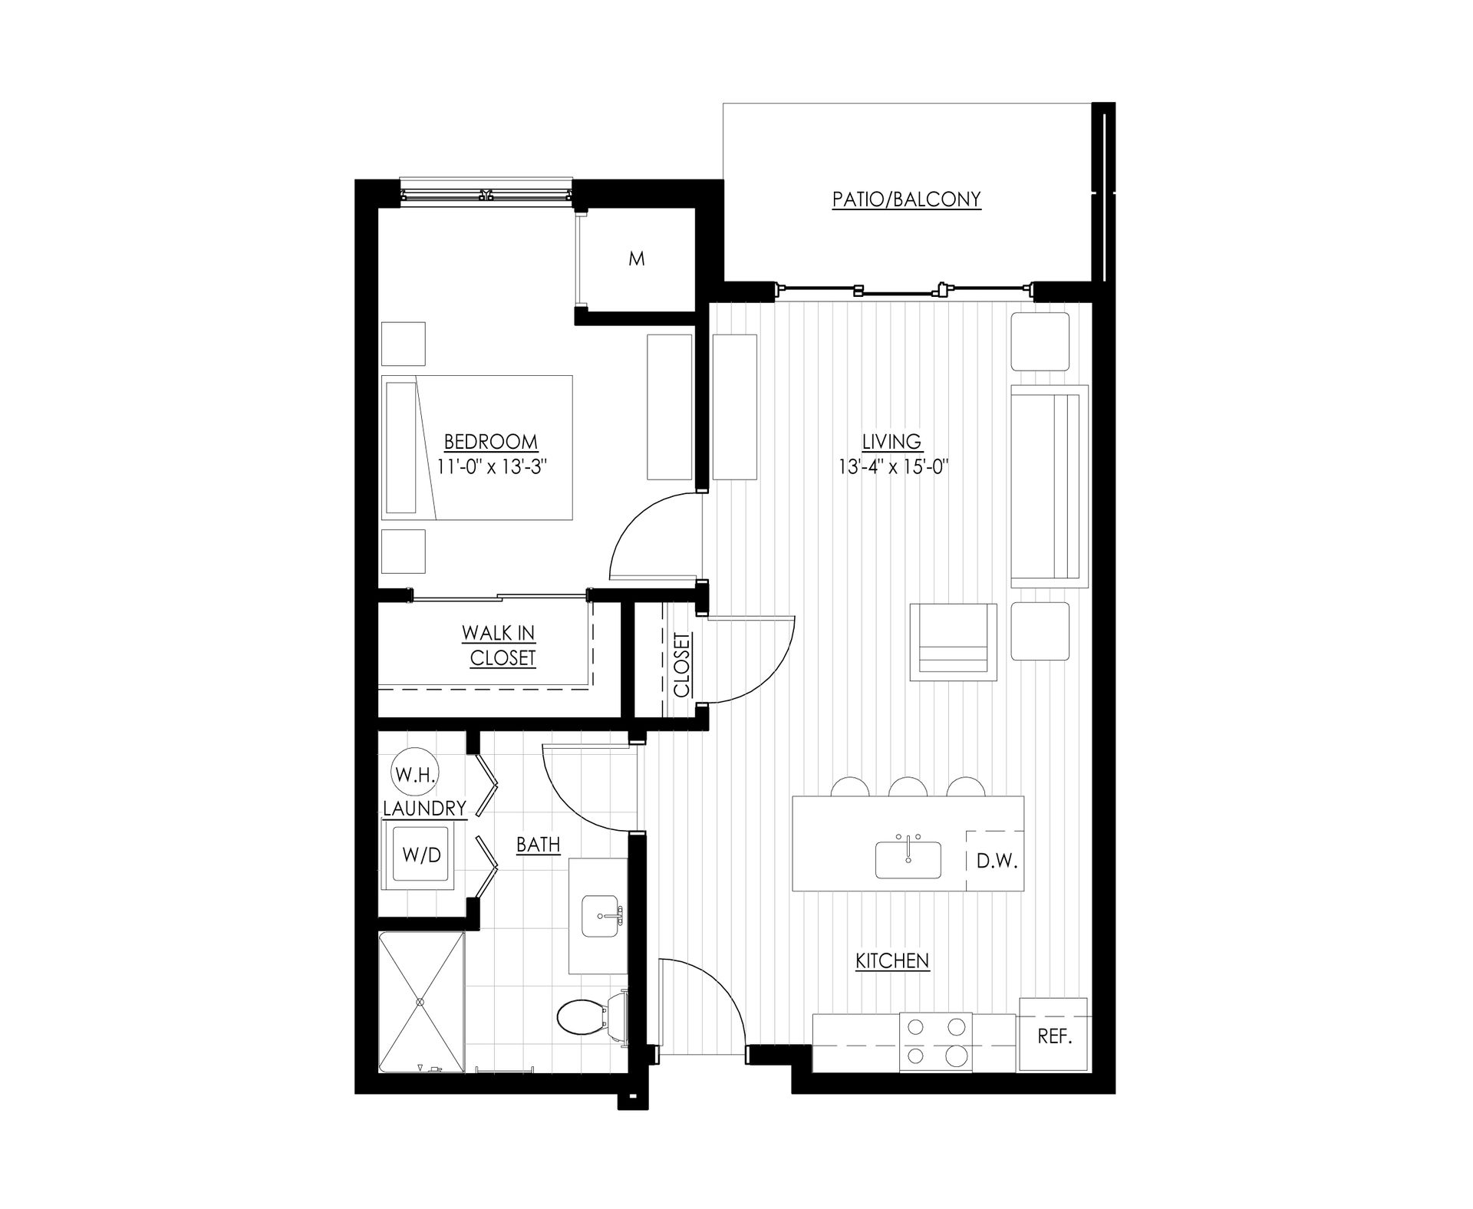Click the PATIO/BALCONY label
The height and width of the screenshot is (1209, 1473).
coord(906,199)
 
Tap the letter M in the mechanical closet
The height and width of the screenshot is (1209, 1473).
coord(636,259)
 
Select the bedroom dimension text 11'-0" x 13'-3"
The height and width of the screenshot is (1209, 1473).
coord(491,466)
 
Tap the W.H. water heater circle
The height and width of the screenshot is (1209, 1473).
coord(415,774)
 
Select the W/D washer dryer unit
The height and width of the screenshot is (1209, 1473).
coord(421,855)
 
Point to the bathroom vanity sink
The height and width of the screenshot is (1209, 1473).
coord(603,916)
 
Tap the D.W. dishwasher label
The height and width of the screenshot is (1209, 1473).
coord(997,861)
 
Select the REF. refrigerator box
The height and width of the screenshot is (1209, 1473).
coord(1053,1036)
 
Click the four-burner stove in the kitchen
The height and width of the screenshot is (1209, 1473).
coord(935,1041)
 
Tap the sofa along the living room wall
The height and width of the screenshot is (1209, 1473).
coord(1050,486)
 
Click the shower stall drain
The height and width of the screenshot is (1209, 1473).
coord(420,1002)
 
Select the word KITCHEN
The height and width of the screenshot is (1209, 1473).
coord(892,960)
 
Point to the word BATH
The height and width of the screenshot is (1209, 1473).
coord(538,845)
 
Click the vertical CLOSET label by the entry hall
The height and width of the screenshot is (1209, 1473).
coord(682,664)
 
